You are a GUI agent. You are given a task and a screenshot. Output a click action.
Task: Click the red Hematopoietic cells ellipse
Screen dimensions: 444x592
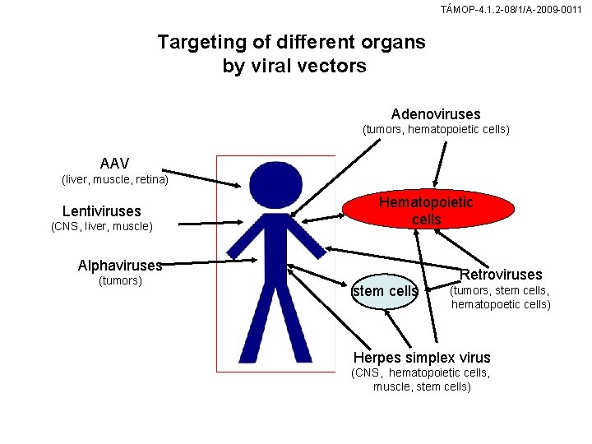[x=426, y=210]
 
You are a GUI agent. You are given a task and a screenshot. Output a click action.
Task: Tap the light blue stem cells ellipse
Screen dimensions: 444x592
[x=385, y=292]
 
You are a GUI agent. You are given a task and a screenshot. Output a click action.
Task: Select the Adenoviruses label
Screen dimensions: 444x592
[x=436, y=114]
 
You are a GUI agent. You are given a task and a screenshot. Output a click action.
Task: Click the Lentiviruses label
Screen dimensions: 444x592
[x=101, y=211]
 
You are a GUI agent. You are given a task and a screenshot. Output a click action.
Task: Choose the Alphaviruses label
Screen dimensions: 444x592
[x=120, y=266]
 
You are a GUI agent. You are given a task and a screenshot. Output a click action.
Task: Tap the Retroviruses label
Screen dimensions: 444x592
[x=501, y=274]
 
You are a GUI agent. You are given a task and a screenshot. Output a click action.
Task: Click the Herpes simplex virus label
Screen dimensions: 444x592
[x=421, y=357]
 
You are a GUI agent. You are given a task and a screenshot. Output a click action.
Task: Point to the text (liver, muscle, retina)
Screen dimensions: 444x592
[x=115, y=179]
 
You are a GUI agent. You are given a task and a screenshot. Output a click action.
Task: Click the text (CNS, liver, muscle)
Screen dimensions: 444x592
[x=101, y=227]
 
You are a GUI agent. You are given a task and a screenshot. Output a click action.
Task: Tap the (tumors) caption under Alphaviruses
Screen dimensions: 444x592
[x=120, y=281]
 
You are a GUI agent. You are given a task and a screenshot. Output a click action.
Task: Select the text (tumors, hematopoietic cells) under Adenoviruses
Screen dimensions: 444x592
[x=436, y=130]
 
